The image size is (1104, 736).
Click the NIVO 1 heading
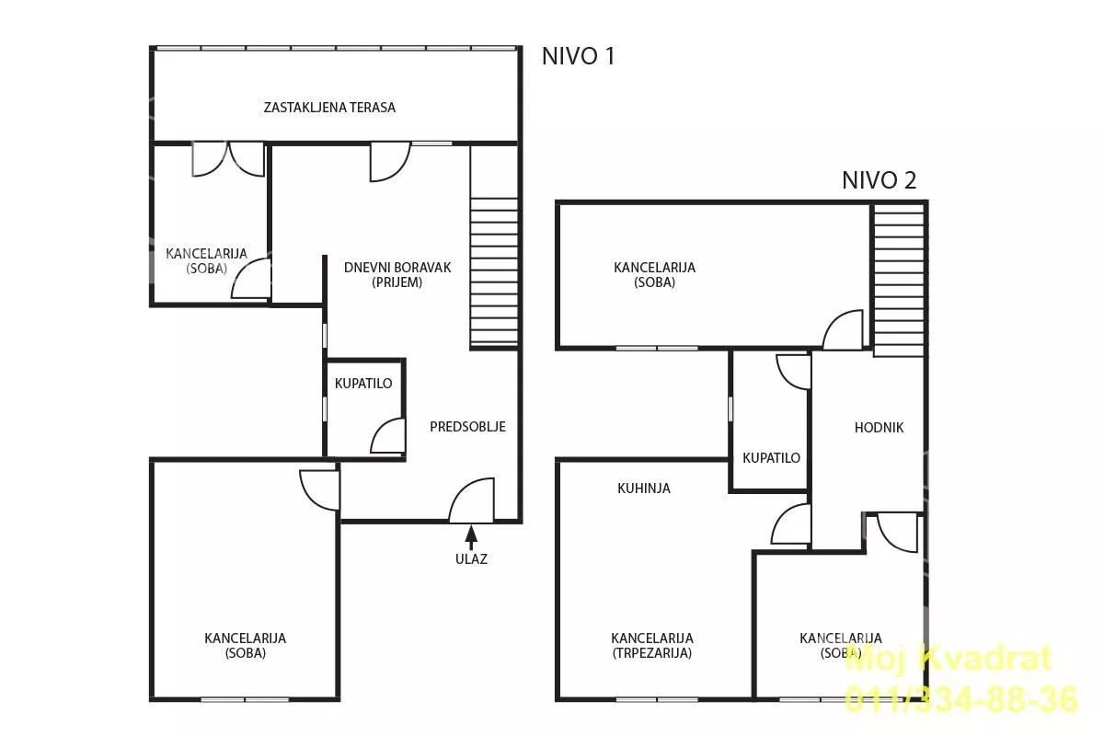coord(578,56)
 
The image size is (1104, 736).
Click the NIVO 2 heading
coord(879,180)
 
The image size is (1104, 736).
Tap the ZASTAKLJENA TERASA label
coord(329,108)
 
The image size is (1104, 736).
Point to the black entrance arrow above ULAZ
coord(471,537)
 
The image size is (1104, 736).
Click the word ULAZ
coord(471,559)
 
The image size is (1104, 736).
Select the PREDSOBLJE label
coord(467,427)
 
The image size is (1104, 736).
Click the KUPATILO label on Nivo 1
coord(363,384)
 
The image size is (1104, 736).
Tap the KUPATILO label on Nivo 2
coord(771,458)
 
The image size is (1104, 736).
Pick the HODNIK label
coord(879,428)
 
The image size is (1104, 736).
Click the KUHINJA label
coord(644,489)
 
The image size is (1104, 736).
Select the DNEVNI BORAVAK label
coord(397,268)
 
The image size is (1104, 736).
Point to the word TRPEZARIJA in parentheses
coord(651,653)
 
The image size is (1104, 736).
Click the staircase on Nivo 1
coord(494,271)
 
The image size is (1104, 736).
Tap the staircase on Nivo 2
coord(899,280)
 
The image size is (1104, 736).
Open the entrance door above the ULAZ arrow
coord(472,500)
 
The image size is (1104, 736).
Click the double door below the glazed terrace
coord(228,159)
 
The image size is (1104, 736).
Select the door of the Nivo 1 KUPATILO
coord(388,436)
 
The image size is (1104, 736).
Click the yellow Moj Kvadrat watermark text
coord(949,659)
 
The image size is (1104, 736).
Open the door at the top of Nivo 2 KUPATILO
coord(793,372)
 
